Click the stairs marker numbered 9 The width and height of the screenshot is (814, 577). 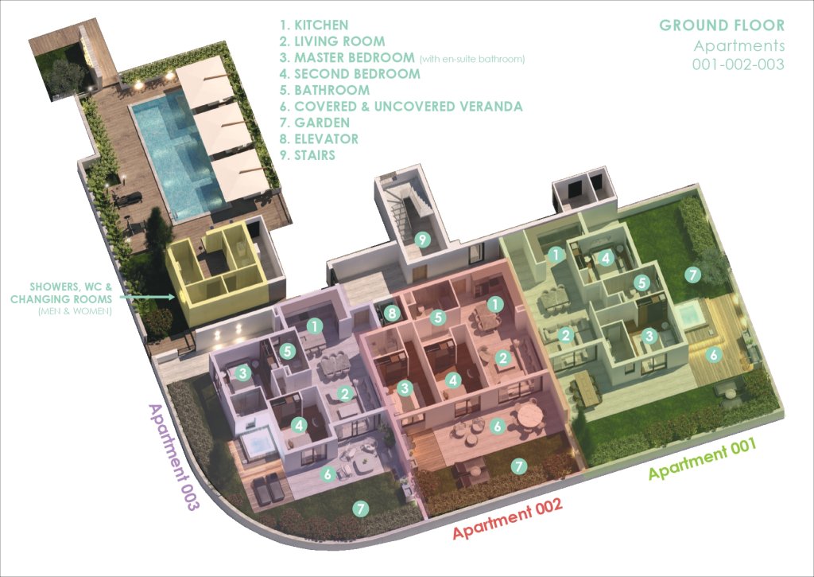(423, 240)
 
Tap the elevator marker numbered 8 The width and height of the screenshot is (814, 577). (392, 313)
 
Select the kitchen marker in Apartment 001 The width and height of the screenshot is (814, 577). (556, 255)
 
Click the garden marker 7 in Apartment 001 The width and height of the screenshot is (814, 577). (692, 274)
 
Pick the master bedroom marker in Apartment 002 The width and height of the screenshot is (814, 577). (405, 388)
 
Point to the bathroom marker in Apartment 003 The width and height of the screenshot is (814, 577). (288, 351)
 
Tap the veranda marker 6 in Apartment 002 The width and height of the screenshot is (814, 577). (498, 427)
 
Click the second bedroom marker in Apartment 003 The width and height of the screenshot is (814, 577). (299, 426)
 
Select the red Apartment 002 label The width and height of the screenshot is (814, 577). (507, 518)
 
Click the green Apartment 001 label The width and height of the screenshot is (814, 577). (702, 458)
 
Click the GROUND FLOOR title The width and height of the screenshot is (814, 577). (722, 25)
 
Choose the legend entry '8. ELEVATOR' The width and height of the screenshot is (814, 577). (319, 138)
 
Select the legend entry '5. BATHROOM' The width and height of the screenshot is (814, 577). (324, 90)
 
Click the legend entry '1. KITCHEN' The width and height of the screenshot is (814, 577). (313, 25)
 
